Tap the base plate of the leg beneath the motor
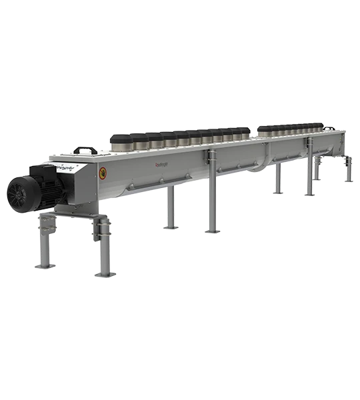(x=44, y=266)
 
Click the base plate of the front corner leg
(x=105, y=273)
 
